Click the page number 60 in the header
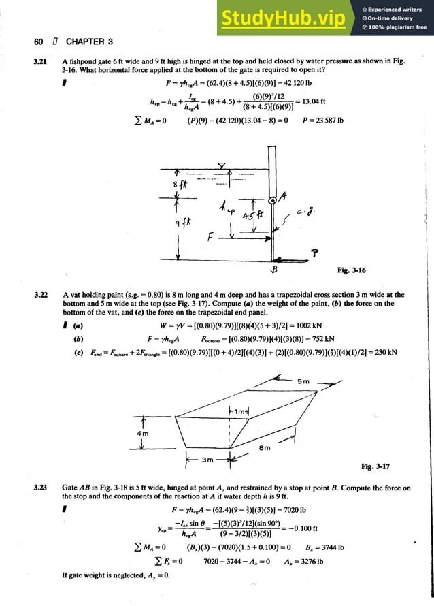click(x=39, y=42)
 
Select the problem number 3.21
click(x=39, y=61)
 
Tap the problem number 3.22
click(x=39, y=296)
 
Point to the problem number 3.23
click(x=39, y=488)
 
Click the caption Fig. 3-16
click(x=351, y=270)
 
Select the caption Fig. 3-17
click(x=375, y=466)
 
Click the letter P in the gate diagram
click(x=314, y=253)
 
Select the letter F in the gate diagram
click(x=212, y=238)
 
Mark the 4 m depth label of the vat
click(x=141, y=433)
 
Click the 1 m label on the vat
click(x=241, y=410)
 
